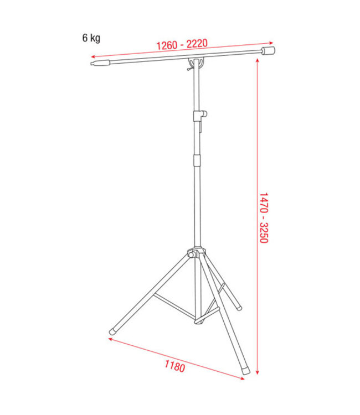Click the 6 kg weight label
[x=91, y=38]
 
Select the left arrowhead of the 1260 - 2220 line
[x=92, y=57]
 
